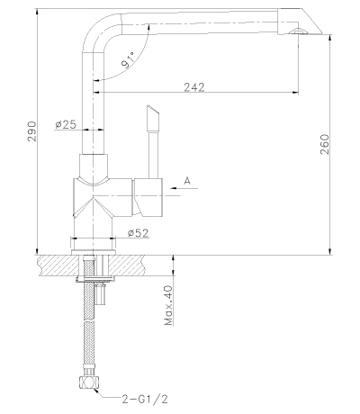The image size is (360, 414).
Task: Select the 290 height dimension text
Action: click(21, 131)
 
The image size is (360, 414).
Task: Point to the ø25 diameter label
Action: click(65, 125)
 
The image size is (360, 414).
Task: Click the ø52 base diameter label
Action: click(138, 233)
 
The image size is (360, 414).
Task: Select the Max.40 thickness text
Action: click(167, 305)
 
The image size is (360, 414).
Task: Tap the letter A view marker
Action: click(186, 181)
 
